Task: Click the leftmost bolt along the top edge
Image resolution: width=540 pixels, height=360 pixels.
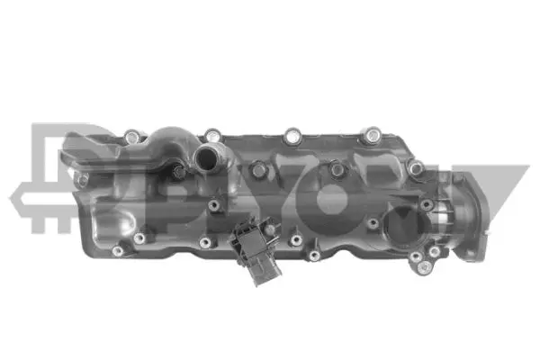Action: coord(134,138)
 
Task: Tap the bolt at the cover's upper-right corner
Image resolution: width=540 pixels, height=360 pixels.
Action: coord(415,167)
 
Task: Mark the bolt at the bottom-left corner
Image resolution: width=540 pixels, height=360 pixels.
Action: coord(117,250)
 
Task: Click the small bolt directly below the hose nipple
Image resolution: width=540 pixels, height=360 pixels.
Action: coord(213,204)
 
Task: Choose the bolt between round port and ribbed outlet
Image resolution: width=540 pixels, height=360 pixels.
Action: coord(425,205)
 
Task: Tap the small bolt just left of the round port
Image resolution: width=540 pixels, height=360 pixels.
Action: coord(372,222)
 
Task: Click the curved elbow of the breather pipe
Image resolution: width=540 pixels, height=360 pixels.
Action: coord(171,141)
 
